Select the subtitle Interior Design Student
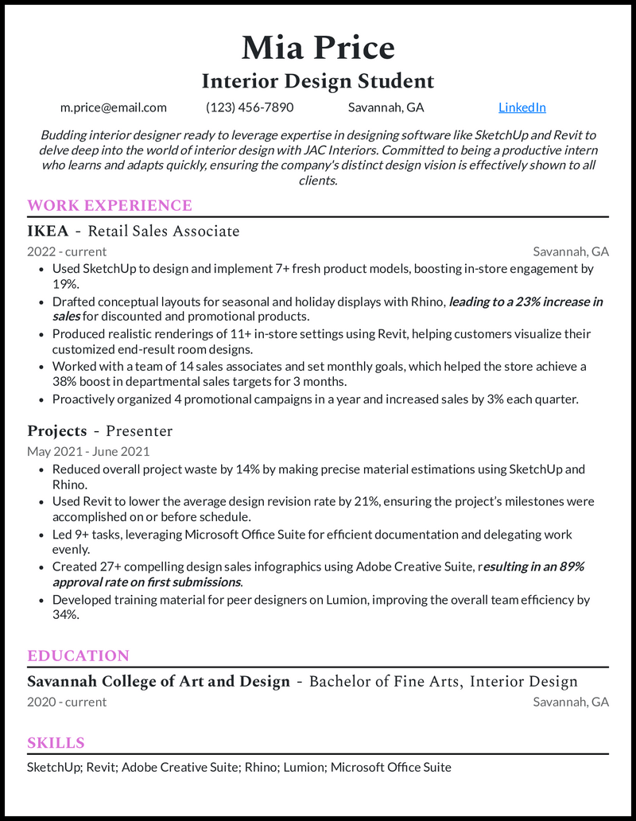point(318,81)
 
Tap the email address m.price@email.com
point(114,107)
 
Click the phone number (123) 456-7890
point(250,107)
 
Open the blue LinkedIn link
point(522,107)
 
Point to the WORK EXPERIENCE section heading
point(110,205)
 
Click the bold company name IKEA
point(48,231)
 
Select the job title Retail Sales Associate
point(164,231)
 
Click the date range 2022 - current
point(67,251)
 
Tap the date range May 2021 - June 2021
point(88,451)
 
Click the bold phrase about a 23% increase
point(525,302)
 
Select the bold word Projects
point(56,431)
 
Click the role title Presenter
point(139,431)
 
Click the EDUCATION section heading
point(78,656)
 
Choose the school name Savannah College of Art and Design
point(158,681)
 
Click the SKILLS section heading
point(56,742)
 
